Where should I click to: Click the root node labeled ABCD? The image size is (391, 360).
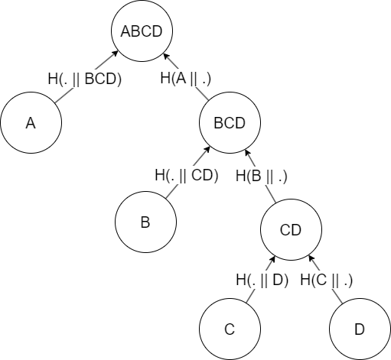point(142,31)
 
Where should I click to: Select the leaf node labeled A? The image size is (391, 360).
point(31,122)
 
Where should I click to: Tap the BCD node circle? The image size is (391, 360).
point(230,122)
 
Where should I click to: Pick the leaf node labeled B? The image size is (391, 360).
point(145,222)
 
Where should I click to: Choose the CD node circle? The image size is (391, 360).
point(291,229)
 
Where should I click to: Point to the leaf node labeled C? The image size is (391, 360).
point(230,329)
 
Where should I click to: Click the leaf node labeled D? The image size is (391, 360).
point(360,329)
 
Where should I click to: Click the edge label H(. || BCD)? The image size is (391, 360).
point(85,79)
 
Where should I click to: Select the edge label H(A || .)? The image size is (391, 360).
point(186,78)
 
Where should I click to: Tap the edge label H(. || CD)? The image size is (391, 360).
point(187,176)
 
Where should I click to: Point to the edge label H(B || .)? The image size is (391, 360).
point(262,176)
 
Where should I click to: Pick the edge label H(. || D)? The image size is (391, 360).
point(262,280)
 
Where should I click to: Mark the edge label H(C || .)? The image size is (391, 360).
point(327,280)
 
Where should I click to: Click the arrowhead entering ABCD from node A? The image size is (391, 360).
point(116,54)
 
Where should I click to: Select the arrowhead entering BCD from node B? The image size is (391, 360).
point(207,149)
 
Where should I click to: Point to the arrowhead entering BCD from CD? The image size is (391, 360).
point(247,153)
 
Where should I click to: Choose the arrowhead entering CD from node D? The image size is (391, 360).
point(311,258)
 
